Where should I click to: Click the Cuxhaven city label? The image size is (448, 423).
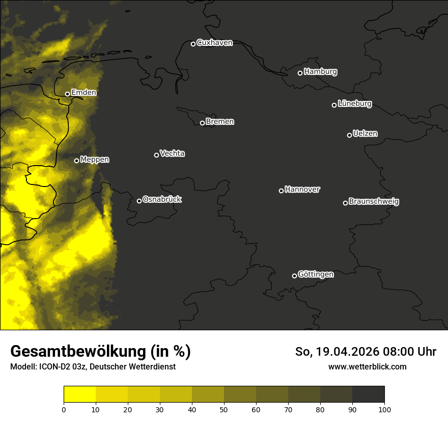[214, 43]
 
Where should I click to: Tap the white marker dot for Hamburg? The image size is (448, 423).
[300, 73]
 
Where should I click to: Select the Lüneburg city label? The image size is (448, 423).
[354, 104]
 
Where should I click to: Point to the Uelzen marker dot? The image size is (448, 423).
[349, 135]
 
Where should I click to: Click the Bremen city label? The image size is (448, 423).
[220, 122]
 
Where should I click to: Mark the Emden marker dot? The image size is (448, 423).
[67, 94]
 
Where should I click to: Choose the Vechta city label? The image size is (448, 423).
[172, 153]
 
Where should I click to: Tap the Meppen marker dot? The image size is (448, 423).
[76, 161]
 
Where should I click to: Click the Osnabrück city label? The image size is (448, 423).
[162, 199]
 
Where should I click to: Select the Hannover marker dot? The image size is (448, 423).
[281, 191]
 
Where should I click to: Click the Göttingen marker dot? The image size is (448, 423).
[294, 276]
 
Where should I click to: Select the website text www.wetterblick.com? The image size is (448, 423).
[367, 366]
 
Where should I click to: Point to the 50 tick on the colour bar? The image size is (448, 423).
[224, 409]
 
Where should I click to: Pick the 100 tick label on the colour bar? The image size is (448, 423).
[384, 409]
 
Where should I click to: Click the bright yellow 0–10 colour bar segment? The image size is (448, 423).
[79, 394]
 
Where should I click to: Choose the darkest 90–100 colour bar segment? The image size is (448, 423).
[368, 394]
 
